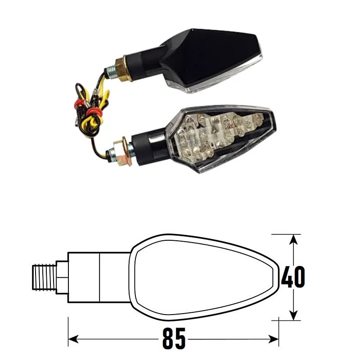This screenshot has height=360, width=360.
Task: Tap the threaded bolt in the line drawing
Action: coord(46,277)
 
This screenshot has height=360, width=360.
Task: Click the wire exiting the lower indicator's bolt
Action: coord(101,153)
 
